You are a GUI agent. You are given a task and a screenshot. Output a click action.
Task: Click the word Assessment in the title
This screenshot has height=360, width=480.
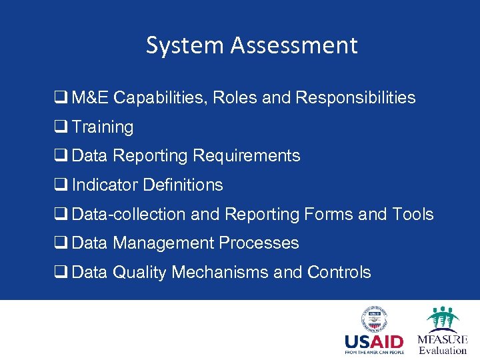(295, 45)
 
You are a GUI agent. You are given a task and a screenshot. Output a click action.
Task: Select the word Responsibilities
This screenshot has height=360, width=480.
(355, 98)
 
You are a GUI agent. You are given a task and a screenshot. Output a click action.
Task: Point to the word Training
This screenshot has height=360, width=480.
(103, 127)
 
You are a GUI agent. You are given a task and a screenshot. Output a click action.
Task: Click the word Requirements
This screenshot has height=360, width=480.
(247, 156)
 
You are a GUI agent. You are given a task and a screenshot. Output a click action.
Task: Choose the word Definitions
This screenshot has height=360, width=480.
(183, 185)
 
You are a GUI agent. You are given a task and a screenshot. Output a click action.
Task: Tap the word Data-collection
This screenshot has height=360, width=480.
(129, 214)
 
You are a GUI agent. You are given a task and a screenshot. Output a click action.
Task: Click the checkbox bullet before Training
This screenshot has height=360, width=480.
(59, 127)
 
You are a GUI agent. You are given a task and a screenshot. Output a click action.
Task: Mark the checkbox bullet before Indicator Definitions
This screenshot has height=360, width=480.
(59, 185)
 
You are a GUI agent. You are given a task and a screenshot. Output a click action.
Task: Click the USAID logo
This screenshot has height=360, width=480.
(375, 331)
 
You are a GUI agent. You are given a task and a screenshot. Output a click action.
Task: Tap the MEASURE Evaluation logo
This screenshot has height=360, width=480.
(442, 331)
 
